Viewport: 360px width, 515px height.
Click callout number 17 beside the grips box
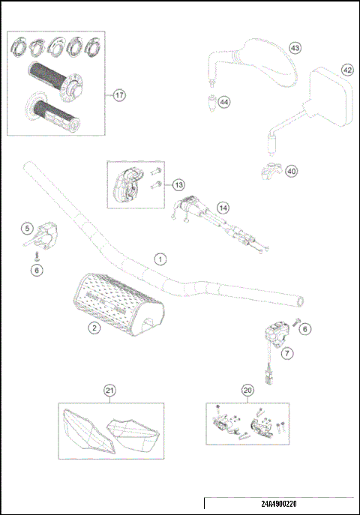pos(119,94)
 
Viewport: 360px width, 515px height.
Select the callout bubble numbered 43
pos(295,48)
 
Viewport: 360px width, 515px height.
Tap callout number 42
pos(347,69)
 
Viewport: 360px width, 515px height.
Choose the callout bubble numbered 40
pos(292,171)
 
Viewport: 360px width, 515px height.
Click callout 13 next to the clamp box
pos(178,184)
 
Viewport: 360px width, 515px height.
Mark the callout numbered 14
pos(223,208)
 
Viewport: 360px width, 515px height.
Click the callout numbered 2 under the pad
pos(94,328)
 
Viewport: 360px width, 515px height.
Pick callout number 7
pos(287,352)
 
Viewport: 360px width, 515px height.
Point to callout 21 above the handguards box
pos(110,390)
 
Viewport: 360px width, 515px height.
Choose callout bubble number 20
pos(247,390)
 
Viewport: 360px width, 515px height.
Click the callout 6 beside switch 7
pos(303,328)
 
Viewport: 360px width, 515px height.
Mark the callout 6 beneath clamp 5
pos(35,271)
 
